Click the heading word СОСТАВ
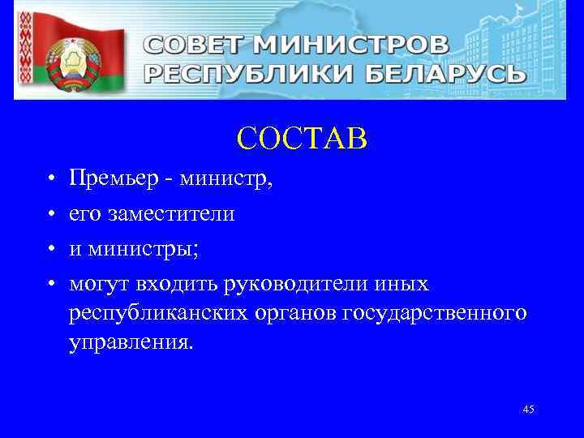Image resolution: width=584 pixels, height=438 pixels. tap(303, 139)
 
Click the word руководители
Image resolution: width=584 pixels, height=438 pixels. tap(294, 286)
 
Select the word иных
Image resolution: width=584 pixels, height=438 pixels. tap(404, 286)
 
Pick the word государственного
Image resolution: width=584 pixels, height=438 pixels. tap(436, 314)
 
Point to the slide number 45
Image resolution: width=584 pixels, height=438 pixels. tap(528, 410)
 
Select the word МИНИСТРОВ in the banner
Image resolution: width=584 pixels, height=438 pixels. tap(366, 45)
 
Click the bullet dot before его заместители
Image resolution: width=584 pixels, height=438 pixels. tap(50, 215)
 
